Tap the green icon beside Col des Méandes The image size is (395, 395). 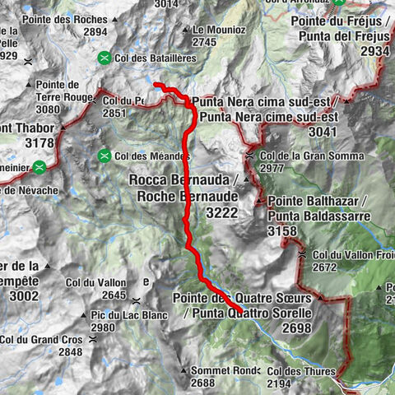click(105, 156)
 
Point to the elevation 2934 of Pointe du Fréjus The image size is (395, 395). click(374, 51)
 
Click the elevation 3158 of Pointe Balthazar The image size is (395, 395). click(282, 231)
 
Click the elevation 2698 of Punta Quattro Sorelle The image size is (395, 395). click(294, 328)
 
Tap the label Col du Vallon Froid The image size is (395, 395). click(351, 255)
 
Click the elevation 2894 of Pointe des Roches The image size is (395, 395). click(95, 31)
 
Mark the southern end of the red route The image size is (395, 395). click(240, 309)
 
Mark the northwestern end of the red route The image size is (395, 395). click(155, 84)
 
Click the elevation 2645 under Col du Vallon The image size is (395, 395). click(114, 295)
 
